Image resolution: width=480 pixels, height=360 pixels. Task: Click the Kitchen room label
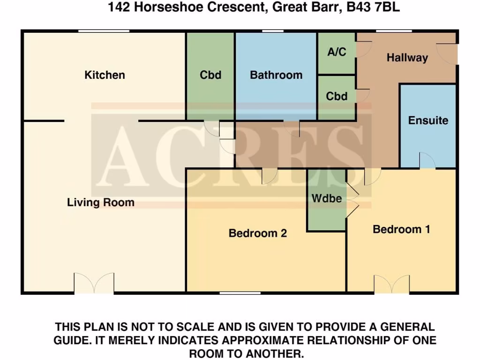105,75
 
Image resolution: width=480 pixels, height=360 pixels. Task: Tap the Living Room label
101,202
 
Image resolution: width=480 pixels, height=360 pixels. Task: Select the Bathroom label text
276,75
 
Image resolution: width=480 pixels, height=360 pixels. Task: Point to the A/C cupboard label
337,52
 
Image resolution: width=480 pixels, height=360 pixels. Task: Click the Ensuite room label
428,120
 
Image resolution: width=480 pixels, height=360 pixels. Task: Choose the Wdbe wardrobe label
327,199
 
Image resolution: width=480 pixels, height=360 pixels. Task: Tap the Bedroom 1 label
401,229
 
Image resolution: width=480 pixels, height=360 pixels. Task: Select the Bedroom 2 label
257,233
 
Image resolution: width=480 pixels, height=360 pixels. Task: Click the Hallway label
407,58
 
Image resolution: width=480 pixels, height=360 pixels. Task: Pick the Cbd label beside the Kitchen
210,75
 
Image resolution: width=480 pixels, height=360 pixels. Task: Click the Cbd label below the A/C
337,97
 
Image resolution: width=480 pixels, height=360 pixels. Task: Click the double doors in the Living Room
94,284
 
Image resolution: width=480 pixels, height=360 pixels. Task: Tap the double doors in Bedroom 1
391,285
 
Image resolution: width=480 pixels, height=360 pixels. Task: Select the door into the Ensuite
427,161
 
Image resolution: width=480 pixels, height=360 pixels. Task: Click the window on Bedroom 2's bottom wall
240,293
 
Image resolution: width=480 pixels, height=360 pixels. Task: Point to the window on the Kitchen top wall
104,31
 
